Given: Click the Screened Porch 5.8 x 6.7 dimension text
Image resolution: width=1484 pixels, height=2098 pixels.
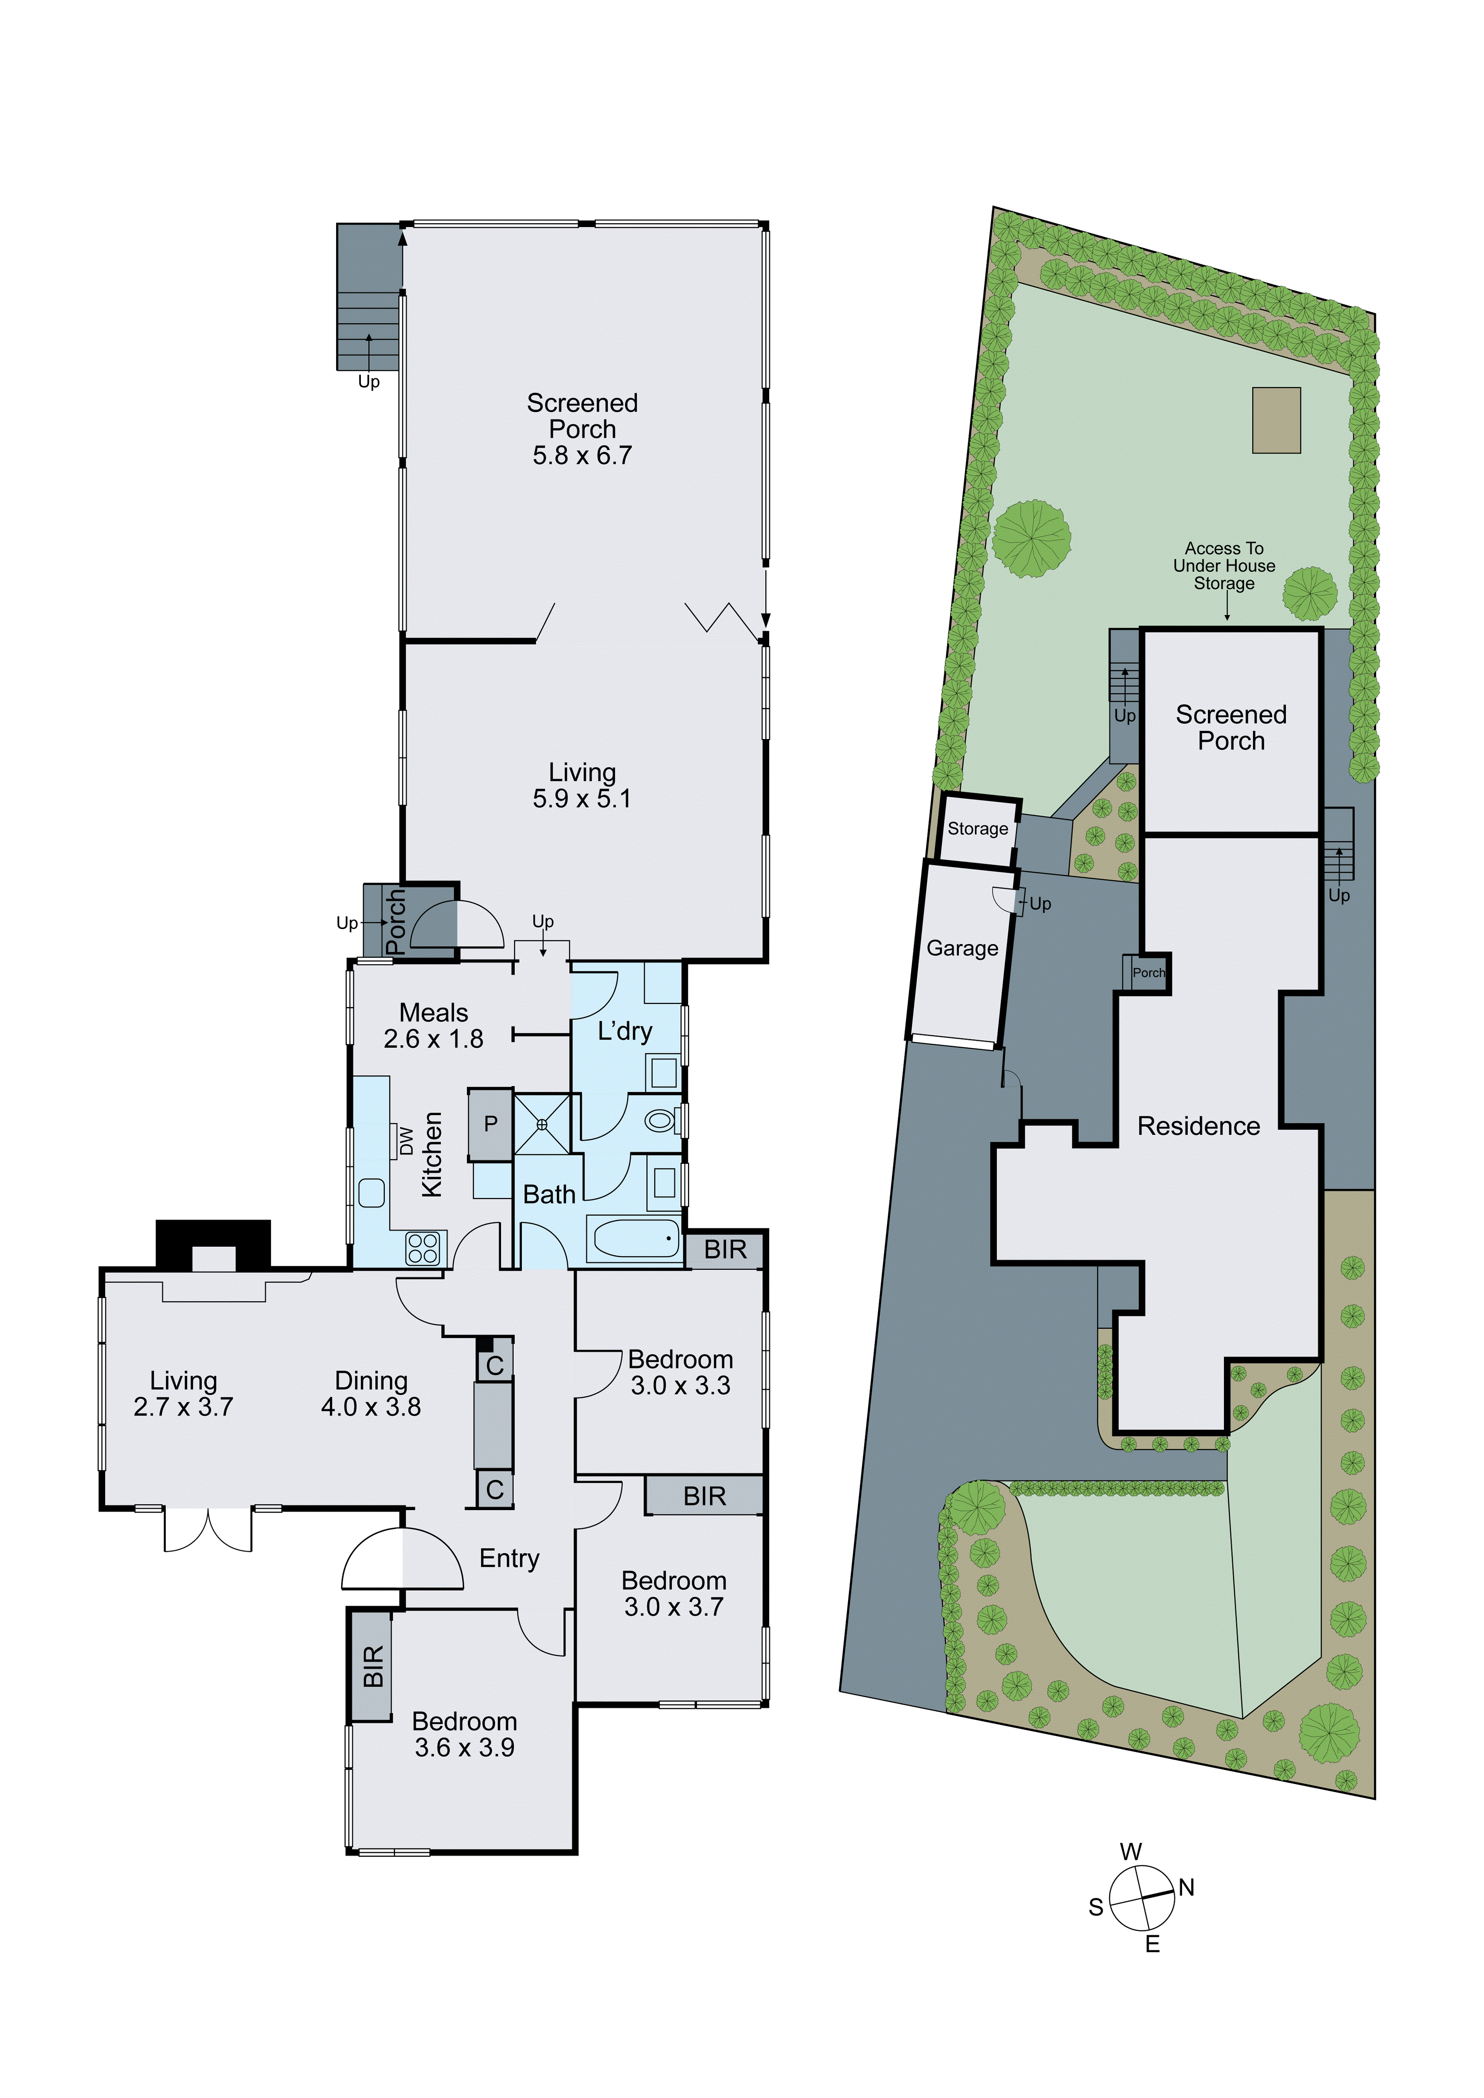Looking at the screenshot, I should (x=582, y=455).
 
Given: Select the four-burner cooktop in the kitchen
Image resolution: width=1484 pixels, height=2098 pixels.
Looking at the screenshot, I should (x=423, y=1248).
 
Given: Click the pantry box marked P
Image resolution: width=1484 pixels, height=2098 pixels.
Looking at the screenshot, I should (x=491, y=1124).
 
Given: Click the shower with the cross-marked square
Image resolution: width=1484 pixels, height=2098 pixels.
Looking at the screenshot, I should (x=542, y=1124).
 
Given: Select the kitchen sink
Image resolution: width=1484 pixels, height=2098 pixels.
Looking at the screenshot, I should (x=371, y=1192).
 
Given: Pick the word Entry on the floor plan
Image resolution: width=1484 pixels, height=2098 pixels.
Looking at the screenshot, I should (x=509, y=1558).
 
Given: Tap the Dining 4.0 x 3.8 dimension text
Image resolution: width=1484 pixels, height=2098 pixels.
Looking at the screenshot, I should (x=371, y=1406).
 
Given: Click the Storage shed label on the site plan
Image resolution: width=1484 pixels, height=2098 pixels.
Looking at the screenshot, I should (x=978, y=829).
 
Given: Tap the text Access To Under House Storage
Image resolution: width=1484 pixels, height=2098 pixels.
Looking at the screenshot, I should (x=1224, y=566).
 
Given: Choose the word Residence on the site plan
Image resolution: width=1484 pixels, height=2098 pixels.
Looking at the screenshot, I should (x=1198, y=1126).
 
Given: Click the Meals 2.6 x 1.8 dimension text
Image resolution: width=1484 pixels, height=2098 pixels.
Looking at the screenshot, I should (x=433, y=1038).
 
